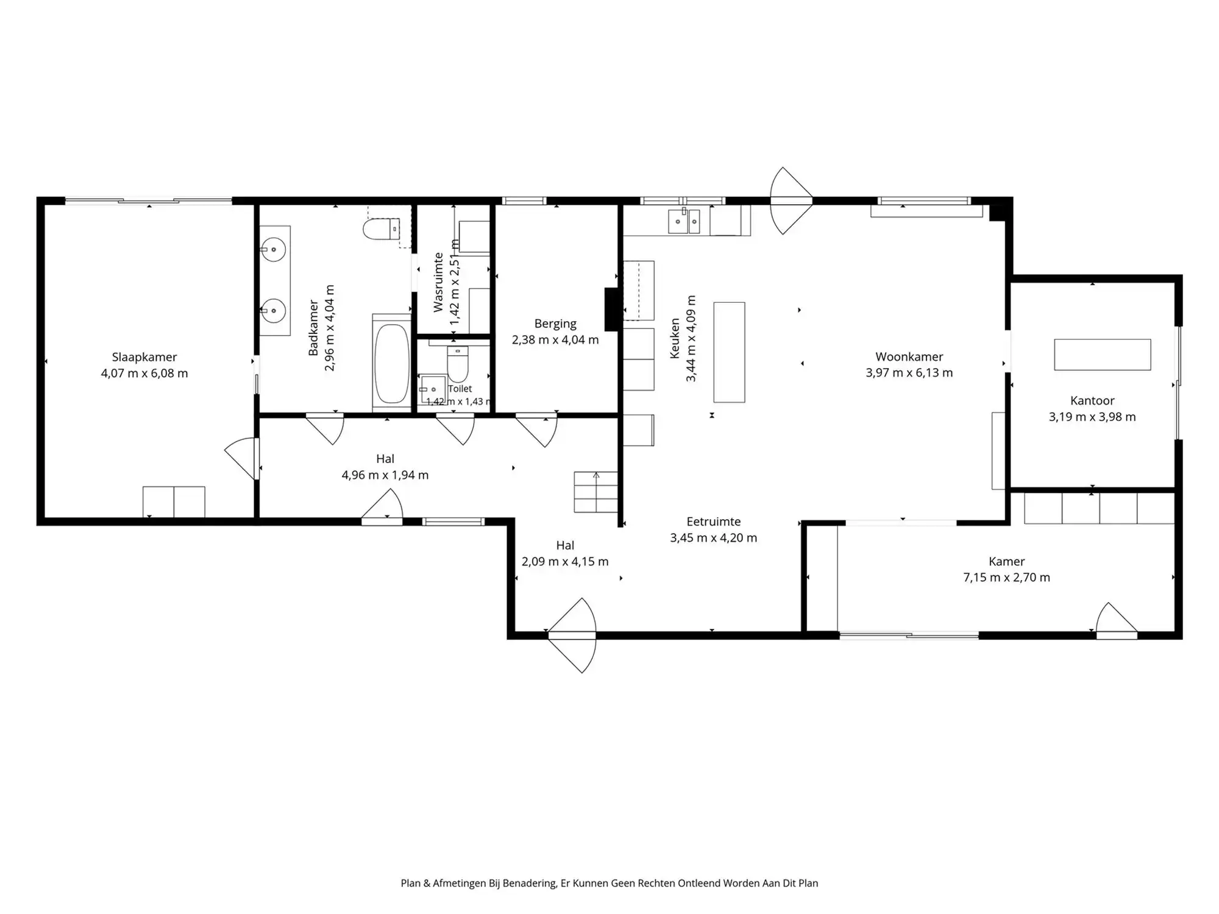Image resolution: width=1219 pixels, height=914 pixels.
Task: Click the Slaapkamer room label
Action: point(144,357)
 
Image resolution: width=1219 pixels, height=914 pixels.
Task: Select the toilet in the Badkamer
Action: point(381,229)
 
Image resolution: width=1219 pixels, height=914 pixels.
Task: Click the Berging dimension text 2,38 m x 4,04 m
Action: point(555,340)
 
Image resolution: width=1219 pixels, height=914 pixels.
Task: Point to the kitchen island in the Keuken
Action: point(729,352)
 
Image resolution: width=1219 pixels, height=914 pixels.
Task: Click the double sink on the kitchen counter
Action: point(684,222)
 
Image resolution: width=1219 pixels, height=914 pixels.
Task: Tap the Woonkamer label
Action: point(909,356)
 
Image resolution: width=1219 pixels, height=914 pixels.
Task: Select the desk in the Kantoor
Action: point(1103,355)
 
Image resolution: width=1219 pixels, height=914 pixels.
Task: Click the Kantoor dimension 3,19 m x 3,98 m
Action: point(1092,417)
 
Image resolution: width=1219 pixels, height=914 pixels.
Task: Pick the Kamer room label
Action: point(1007,561)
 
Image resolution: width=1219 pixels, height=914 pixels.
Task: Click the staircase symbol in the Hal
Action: point(595,492)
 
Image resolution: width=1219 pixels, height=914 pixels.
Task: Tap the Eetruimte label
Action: point(714,522)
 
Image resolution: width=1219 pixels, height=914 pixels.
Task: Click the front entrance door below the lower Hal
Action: point(572,636)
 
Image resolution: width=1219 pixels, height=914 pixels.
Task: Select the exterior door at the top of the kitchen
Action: point(791,200)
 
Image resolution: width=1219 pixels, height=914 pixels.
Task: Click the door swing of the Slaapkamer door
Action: point(242,458)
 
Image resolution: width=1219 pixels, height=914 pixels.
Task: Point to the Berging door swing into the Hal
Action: point(536,430)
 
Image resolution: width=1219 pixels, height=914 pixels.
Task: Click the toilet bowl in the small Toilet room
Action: point(457,364)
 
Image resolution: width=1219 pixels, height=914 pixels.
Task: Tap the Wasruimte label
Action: point(438,282)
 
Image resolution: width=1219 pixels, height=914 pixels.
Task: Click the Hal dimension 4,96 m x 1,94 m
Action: point(385,475)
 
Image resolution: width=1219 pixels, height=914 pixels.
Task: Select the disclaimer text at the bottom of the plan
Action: point(609,883)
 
